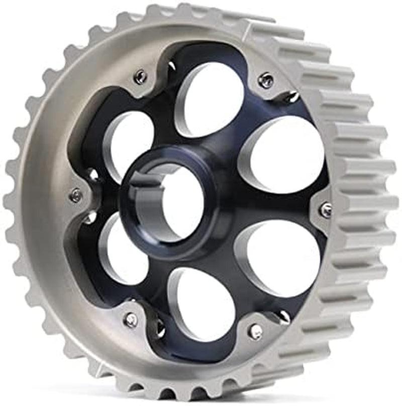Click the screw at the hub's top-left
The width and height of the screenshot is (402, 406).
(x=141, y=76)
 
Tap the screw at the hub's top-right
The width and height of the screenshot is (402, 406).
(x=266, y=80)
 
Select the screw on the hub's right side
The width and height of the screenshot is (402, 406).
(x=326, y=210)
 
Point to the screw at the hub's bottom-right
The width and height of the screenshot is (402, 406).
(x=255, y=331)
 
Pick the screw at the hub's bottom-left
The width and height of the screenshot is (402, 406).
(x=131, y=320)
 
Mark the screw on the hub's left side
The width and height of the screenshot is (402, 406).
(x=76, y=195)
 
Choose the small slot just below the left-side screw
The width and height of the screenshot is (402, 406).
(x=90, y=217)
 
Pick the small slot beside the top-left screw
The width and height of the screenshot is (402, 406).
(x=171, y=65)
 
